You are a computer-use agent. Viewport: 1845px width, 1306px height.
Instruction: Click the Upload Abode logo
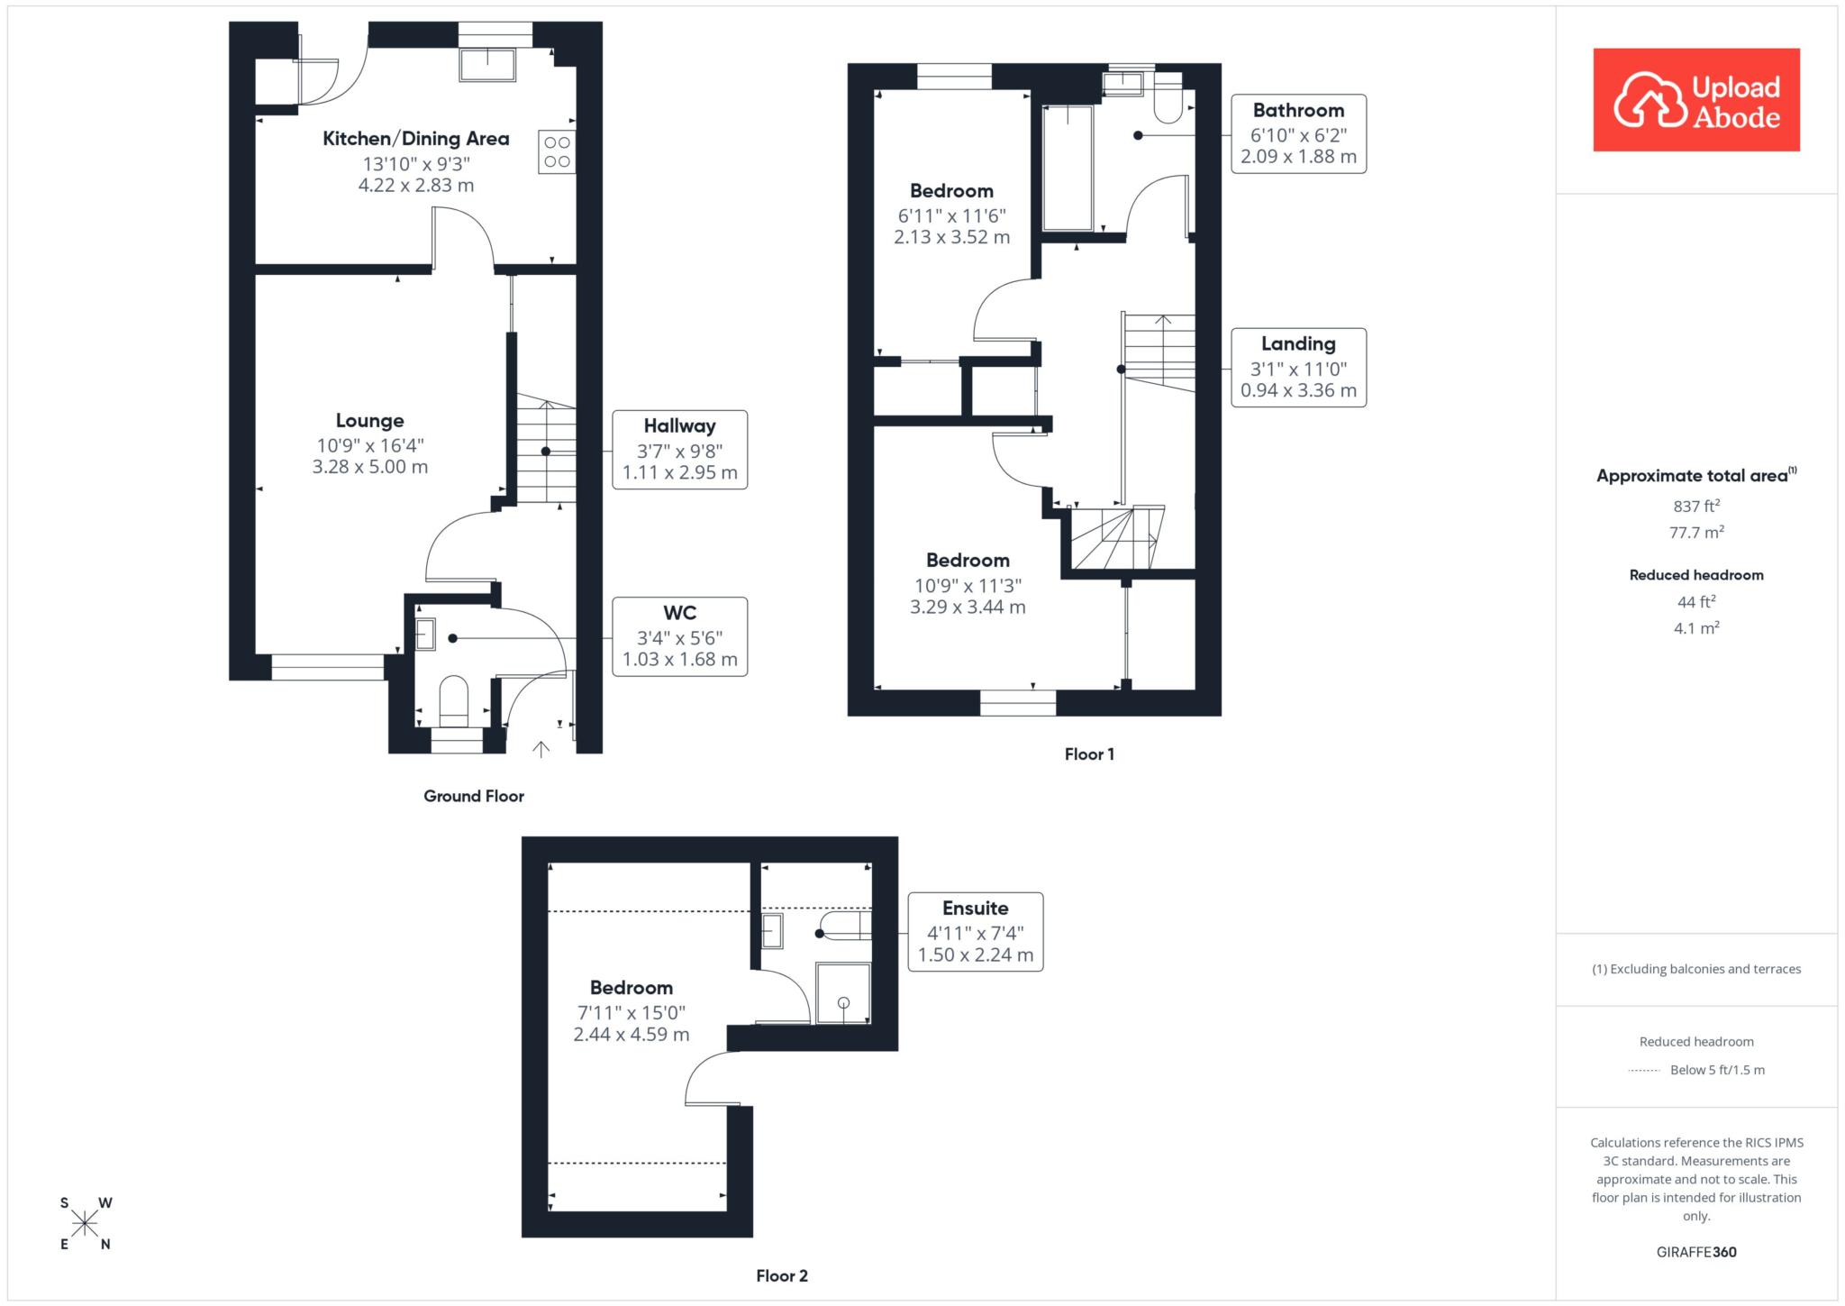1696,99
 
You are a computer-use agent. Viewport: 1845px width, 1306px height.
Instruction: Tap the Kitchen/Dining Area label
416,139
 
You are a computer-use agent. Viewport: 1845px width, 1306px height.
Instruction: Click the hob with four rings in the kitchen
557,151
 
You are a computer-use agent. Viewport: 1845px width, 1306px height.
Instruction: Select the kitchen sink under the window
487,65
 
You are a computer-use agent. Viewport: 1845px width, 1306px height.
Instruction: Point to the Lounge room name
369,421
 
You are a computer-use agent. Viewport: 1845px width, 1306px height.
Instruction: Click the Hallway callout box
679,450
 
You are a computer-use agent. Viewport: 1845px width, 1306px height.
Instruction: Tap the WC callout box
680,636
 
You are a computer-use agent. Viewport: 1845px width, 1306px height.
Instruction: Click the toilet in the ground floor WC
453,702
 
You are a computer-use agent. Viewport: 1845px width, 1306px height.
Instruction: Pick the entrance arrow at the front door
541,748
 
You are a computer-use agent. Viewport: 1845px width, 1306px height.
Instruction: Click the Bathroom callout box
1298,133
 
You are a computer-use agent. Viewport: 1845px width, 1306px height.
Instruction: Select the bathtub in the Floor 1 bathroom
1068,169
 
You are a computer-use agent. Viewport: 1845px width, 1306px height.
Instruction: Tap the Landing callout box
1298,367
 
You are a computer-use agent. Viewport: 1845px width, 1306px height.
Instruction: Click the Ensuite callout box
975,931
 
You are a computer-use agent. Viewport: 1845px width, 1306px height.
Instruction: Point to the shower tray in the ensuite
843,993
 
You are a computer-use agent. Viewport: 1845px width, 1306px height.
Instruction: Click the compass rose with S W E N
85,1223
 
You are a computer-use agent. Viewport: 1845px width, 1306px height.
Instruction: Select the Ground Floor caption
474,796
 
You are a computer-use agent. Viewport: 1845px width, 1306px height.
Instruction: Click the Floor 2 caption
782,1275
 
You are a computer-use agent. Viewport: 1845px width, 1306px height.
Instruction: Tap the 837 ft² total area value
1696,506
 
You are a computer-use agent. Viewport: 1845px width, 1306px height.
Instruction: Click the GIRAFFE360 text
1696,1252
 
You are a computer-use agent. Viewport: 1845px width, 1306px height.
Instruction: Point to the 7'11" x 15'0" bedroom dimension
631,1012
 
